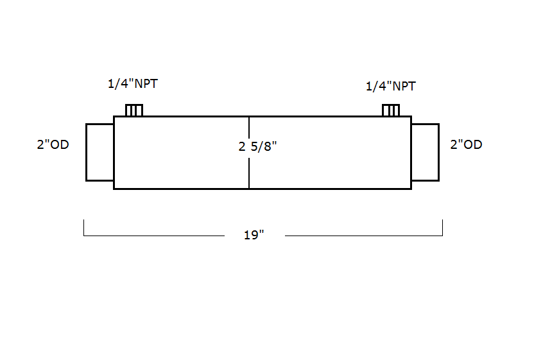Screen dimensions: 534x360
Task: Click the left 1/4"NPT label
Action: coord(133,84)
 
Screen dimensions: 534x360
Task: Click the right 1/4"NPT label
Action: coord(391,86)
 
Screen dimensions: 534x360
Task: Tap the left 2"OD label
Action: coord(53,144)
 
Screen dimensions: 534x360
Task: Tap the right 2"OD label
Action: coord(466,144)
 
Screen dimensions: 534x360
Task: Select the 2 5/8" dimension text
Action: coord(257,146)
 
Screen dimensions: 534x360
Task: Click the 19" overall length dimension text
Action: coord(254,235)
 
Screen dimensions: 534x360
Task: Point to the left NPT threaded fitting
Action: coord(134,110)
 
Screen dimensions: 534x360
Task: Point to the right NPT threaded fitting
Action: coord(391,110)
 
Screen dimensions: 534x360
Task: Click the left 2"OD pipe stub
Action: coord(86,152)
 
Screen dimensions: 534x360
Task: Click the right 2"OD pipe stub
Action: coord(438,152)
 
